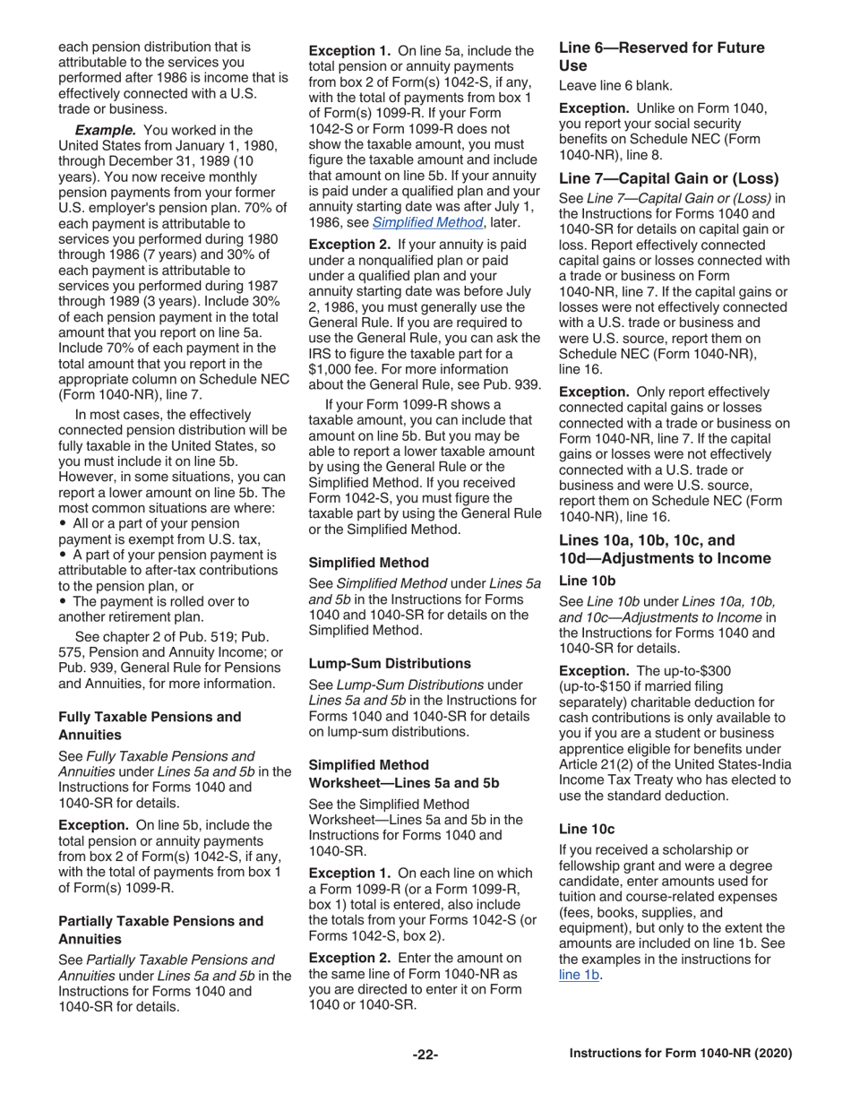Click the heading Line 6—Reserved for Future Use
click(661, 56)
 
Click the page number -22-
click(425, 1055)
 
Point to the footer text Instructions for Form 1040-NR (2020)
click(681, 1055)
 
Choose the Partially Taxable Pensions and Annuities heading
click(160, 928)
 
